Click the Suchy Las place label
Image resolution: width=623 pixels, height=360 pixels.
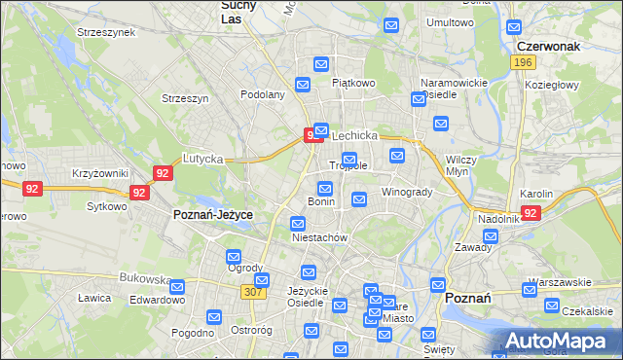(x=232, y=11)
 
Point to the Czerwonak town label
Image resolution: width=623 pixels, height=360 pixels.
(x=549, y=45)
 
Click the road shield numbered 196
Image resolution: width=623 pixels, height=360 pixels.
(x=523, y=61)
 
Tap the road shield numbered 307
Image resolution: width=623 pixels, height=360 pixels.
(x=255, y=292)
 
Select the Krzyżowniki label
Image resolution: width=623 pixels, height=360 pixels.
(x=100, y=173)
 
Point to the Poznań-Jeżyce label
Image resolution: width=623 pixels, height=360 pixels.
(x=212, y=214)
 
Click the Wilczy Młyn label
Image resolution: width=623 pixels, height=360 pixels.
(x=459, y=164)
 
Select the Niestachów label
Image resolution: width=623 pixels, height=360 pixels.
(x=319, y=237)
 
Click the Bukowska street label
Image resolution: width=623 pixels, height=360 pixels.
(x=145, y=277)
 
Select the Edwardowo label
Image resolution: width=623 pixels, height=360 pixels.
(x=158, y=301)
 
